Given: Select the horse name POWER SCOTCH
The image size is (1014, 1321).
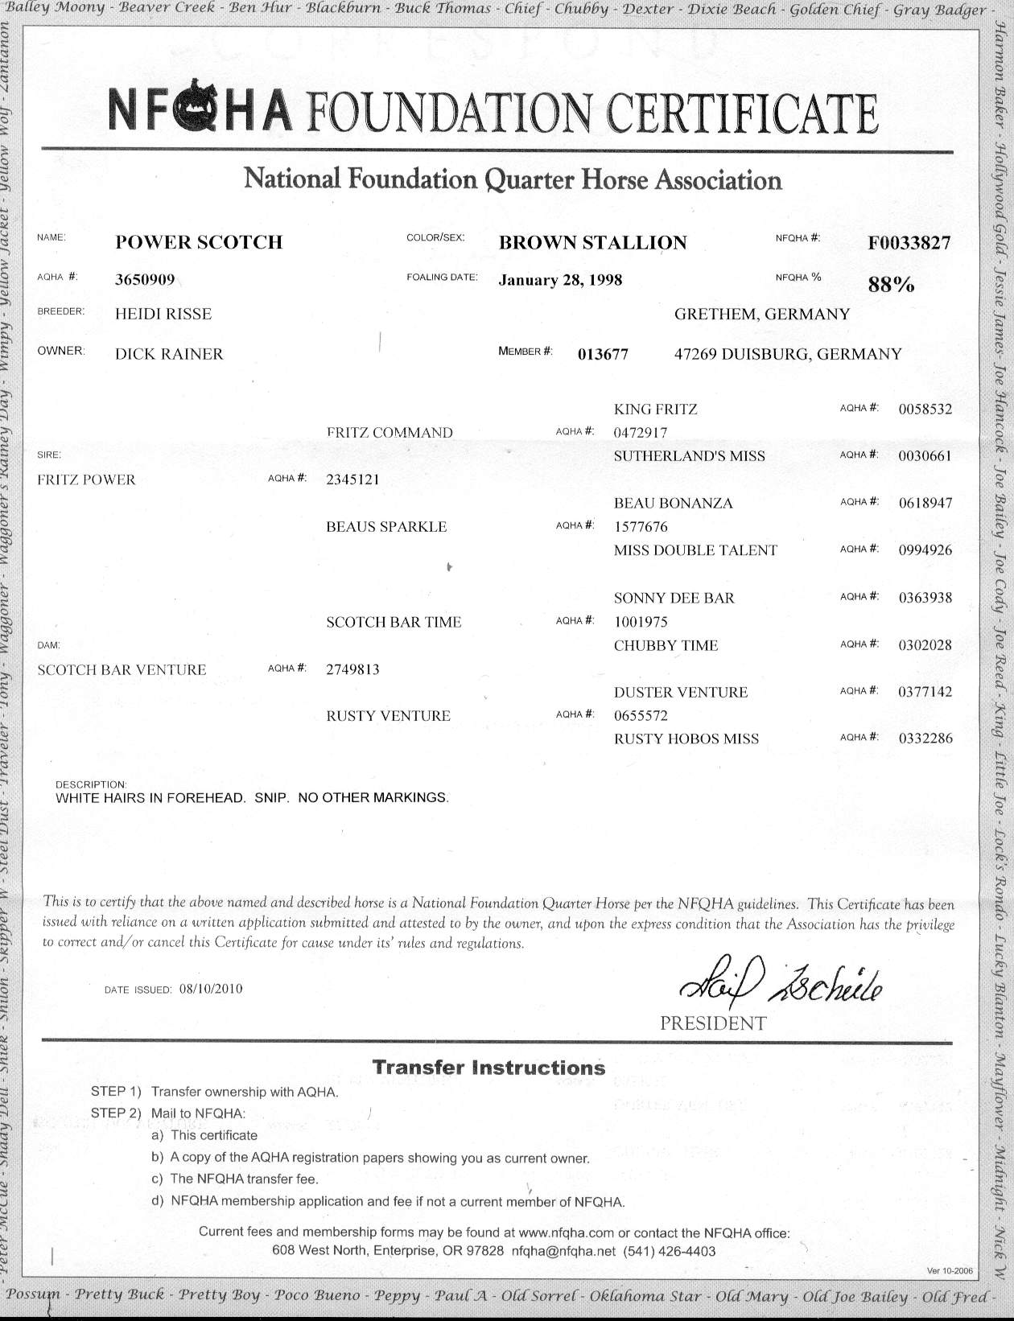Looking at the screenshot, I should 199,242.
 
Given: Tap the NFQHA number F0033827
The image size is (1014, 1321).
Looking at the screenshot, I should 909,243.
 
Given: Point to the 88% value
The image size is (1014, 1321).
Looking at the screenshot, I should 891,284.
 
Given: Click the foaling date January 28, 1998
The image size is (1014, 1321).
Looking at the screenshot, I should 560,280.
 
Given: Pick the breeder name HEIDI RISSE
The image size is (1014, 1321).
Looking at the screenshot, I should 163,314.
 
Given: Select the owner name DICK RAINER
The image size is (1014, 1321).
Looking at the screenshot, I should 169,354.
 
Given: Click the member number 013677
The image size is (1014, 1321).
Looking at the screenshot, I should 603,354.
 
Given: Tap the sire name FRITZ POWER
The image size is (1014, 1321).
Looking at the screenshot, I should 86,480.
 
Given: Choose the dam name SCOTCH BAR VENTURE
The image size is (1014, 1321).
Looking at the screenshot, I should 122,669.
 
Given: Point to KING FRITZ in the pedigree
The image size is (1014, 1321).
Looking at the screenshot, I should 655,409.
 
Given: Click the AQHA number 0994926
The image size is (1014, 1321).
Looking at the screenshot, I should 925,550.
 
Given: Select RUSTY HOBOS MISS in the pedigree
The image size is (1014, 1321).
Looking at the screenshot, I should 686,739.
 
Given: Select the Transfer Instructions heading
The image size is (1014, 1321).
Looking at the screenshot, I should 488,1068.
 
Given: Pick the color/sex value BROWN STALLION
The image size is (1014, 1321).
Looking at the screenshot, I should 592,243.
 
